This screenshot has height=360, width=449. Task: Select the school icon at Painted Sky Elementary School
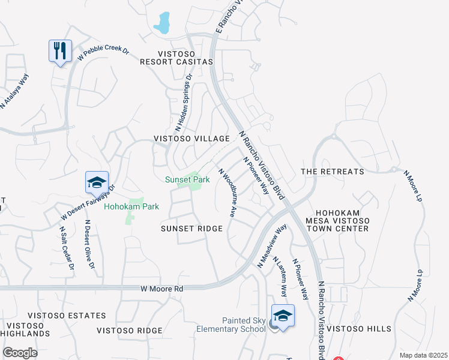(283, 316)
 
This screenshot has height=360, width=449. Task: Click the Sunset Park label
(187, 179)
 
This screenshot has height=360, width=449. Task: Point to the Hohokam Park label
(131, 206)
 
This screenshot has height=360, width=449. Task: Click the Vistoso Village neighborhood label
(191, 139)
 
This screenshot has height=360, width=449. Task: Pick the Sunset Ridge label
(191, 229)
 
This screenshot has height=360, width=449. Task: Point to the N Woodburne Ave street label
(227, 192)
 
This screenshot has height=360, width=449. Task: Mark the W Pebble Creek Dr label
(103, 52)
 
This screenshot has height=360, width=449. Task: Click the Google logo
(20, 353)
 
